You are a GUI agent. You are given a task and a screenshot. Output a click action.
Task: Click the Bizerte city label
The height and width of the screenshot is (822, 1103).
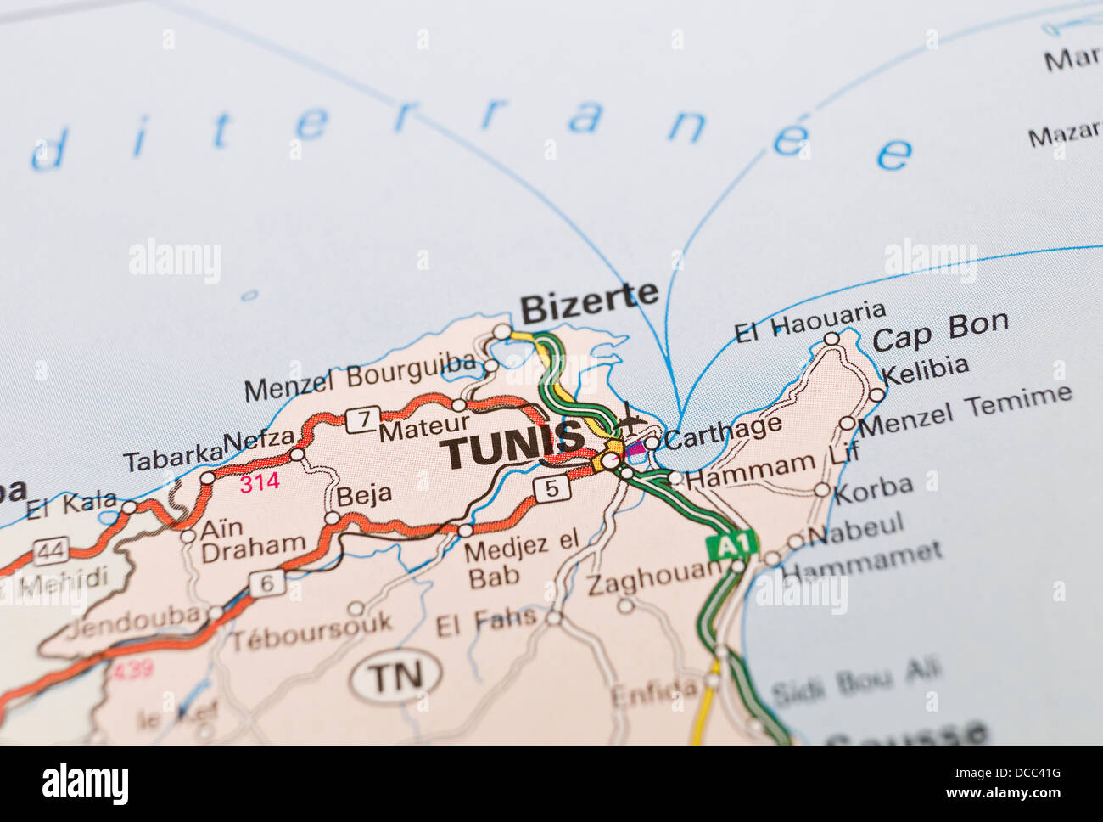588,301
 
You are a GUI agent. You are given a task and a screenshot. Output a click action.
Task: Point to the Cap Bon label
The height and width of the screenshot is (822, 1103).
940,331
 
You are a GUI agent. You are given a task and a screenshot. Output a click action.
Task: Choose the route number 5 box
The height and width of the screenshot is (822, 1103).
552,488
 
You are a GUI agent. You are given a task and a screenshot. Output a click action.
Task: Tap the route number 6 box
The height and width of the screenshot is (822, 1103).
267,583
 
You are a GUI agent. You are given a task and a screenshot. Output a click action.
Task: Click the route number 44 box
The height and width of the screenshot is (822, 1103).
51,552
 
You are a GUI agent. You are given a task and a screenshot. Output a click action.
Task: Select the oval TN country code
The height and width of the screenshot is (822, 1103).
396,676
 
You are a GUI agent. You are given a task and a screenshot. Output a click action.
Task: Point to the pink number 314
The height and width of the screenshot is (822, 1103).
260,483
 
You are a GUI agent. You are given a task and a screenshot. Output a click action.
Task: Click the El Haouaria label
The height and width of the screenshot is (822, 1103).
809,322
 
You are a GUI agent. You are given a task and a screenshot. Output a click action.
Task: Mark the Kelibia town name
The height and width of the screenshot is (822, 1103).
925,370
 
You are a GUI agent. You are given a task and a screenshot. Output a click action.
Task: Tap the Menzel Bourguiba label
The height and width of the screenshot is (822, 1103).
360,377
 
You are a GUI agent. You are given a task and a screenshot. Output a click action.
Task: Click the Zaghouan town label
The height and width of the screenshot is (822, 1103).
653,579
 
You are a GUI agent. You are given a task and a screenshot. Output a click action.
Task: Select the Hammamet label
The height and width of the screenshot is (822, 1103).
862,560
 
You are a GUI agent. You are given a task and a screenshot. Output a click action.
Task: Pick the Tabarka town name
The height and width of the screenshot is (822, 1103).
172,458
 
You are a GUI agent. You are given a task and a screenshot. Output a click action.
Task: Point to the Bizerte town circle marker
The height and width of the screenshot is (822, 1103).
502,331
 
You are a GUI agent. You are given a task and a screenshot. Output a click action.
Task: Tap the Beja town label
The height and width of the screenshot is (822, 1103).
364,495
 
